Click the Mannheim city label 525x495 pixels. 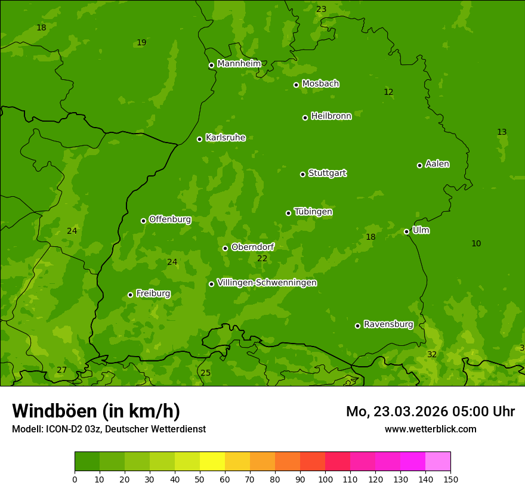tap(239, 64)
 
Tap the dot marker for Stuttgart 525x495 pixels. tap(302, 174)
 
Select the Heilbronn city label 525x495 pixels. tap(331, 116)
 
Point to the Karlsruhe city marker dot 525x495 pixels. tap(199, 139)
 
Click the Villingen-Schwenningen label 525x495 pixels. tap(267, 283)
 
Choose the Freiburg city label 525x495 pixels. tap(153, 293)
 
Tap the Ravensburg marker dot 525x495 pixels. tap(357, 326)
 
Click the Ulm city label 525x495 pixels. tap(421, 230)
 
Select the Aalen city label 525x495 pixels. tap(437, 164)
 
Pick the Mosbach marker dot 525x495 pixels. tap(296, 85)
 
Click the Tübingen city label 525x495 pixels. tap(313, 212)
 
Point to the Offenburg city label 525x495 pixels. tap(169, 219)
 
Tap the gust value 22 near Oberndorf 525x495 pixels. tap(262, 258)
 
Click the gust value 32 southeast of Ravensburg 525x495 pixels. tap(432, 354)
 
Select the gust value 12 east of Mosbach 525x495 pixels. tap(388, 92)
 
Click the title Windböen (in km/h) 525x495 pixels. tap(96, 411)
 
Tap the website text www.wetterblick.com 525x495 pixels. tap(430, 429)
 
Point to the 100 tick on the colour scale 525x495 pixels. tap(325, 479)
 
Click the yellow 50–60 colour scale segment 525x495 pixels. tap(212, 462)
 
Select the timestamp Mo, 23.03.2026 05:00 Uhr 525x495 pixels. tap(430, 412)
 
